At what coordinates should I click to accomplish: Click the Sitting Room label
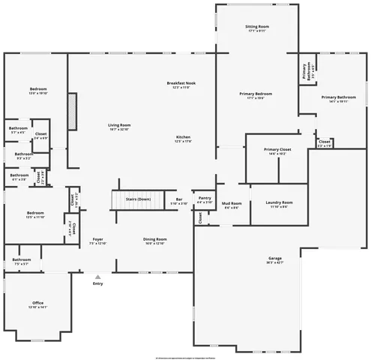[257, 26]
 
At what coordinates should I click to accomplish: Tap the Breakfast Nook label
[181, 82]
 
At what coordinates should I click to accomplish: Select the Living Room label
[119, 124]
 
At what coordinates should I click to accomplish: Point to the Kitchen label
[183, 137]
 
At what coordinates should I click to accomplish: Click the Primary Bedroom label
[256, 94]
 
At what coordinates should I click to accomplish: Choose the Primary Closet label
[277, 149]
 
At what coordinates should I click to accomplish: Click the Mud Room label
[232, 203]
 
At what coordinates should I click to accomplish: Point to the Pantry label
[205, 199]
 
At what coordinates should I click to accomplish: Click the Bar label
[179, 199]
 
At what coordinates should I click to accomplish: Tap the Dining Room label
[155, 239]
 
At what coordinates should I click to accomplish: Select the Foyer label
[97, 239]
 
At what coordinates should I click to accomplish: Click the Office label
[37, 303]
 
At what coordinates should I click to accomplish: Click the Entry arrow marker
[97, 277]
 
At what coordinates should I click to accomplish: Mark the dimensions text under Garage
[275, 263]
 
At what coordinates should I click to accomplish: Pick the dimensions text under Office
[37, 307]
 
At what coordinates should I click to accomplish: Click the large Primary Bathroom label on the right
[339, 97]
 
